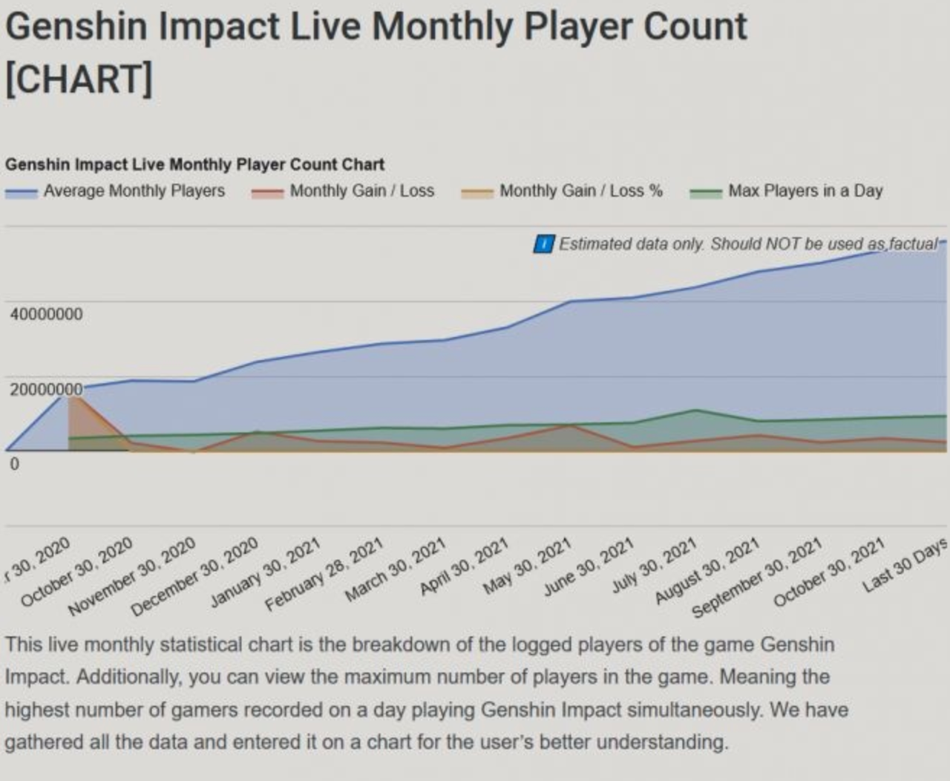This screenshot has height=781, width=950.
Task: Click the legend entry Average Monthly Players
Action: [115, 191]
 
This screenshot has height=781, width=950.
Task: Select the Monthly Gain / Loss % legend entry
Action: [562, 191]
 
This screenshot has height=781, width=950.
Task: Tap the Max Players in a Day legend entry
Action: [786, 191]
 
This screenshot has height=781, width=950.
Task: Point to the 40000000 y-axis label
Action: [47, 314]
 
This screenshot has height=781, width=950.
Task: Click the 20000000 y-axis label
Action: [47, 389]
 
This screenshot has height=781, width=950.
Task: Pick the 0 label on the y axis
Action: [14, 464]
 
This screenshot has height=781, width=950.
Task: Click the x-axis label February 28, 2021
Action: [324, 574]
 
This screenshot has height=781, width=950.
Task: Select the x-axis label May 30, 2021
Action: [528, 566]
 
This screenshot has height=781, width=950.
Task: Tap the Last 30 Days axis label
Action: [905, 565]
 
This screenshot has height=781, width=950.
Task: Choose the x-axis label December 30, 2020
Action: [194, 577]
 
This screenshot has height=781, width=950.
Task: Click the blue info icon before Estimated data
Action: [544, 244]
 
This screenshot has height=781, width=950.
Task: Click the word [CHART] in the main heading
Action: [79, 79]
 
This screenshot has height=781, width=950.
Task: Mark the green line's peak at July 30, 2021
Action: [696, 410]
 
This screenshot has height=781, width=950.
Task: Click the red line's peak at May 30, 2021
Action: [570, 425]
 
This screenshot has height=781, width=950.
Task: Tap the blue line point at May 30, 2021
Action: [570, 301]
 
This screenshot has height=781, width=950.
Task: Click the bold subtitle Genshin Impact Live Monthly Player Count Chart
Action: [194, 165]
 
